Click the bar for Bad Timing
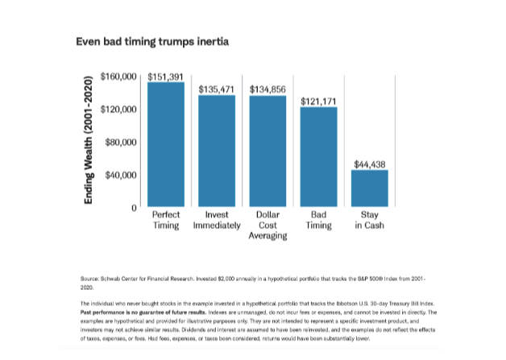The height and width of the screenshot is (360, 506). click(318, 156)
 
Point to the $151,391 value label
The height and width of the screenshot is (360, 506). click(166, 77)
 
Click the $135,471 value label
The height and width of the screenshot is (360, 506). click(217, 89)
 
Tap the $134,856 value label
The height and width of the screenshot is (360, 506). click(268, 89)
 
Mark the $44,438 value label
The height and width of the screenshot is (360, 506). click(370, 164)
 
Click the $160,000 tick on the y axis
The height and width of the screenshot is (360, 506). click(118, 77)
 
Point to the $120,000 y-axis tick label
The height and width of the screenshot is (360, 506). click(118, 109)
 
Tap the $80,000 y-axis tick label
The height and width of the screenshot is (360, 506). click(121, 142)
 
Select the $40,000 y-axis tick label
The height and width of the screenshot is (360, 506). click(121, 175)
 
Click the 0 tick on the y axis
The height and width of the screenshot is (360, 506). click(134, 208)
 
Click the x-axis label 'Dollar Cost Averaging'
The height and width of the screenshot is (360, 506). click(268, 226)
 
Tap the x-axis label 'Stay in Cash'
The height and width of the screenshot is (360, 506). click(370, 221)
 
